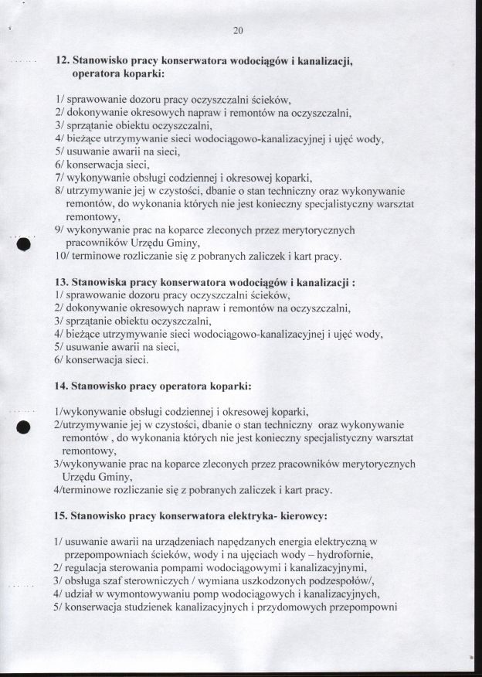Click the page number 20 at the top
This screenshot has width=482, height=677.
238,31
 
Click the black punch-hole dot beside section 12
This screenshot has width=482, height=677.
22,244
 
